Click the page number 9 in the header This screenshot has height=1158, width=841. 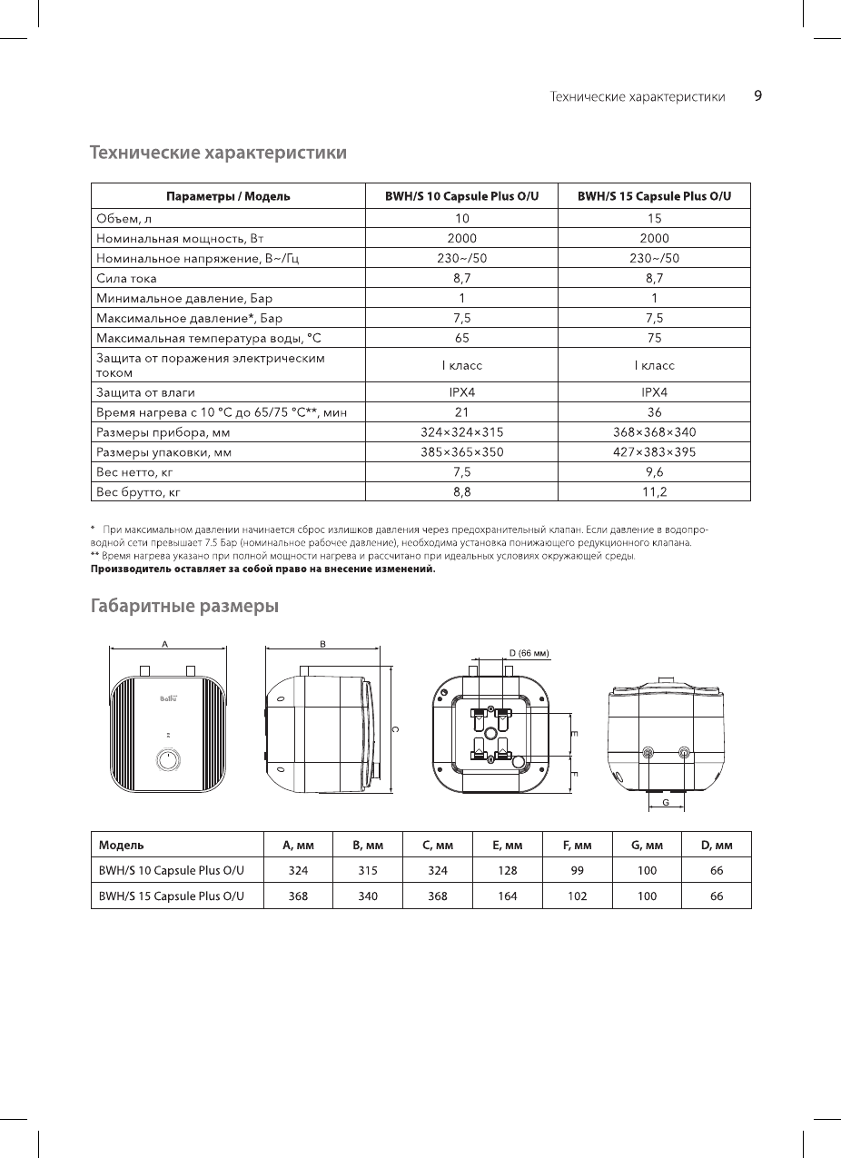click(757, 96)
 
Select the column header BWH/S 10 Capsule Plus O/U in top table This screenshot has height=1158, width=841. click(461, 196)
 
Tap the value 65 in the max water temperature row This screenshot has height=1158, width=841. click(461, 338)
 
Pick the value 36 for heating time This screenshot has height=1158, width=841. click(655, 412)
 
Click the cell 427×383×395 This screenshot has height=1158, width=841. click(655, 451)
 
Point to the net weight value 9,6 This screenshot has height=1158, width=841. click(655, 471)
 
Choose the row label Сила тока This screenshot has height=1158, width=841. click(126, 278)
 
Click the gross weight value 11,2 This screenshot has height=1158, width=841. click(655, 491)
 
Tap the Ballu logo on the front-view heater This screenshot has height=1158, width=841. click(168, 698)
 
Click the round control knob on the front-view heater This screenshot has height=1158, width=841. click(168, 759)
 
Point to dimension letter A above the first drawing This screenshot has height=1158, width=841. click(164, 643)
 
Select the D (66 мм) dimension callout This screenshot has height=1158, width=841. click(529, 652)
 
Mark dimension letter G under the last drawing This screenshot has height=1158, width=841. click(666, 803)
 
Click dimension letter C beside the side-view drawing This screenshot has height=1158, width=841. click(392, 729)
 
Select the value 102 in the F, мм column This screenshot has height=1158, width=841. click(577, 896)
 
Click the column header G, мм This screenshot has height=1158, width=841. click(647, 845)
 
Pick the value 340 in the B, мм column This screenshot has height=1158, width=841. click(367, 896)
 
